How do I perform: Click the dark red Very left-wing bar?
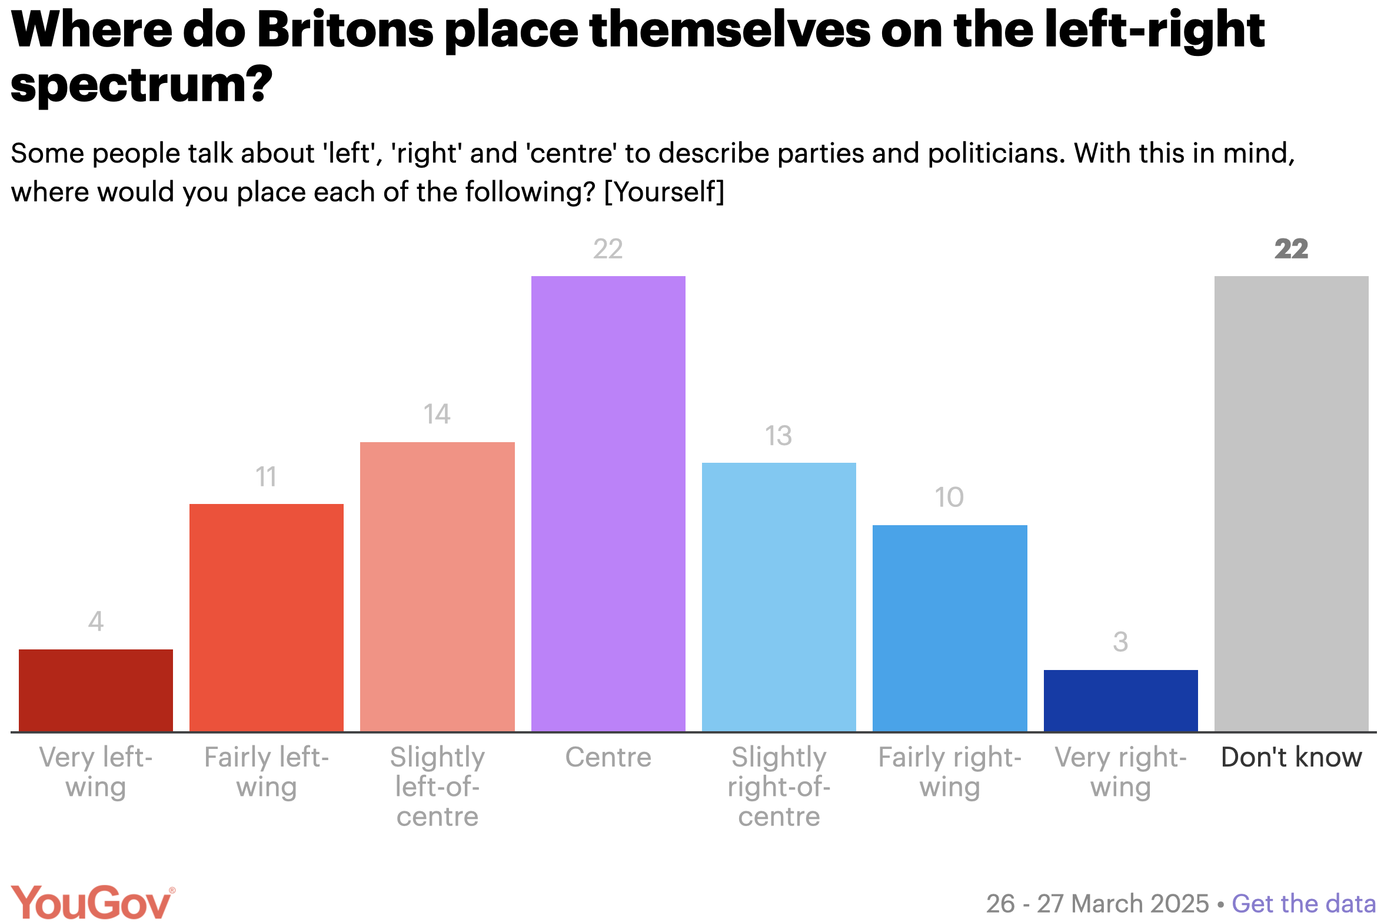coord(96,690)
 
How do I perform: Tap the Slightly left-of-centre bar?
coord(437,586)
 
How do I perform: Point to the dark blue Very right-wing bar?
coord(1120,700)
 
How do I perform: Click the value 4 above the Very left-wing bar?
coord(96,621)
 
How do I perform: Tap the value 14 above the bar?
coord(437,414)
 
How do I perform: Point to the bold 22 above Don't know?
coord(1291,249)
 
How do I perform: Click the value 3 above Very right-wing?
coord(1120,642)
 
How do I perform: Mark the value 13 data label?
coord(778,436)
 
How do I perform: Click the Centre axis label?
coord(608,757)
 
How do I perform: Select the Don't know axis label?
coord(1291,757)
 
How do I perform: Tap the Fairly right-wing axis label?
coord(950,772)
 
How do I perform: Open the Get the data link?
coord(1303,904)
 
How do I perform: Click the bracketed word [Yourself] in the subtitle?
coord(664,192)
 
